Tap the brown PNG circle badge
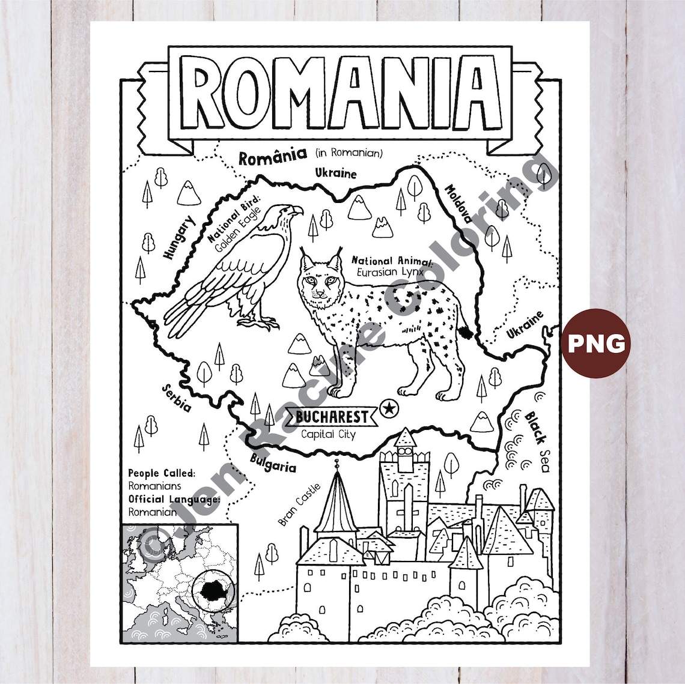point(596,344)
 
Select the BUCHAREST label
point(332,416)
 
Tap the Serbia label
point(177,398)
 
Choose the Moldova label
point(458,203)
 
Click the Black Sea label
point(537,441)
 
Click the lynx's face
point(318,281)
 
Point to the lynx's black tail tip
point(466,331)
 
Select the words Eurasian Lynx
point(390,272)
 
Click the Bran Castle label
point(300,503)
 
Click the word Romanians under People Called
point(154,486)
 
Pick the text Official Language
point(174,499)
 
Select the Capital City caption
point(328,434)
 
